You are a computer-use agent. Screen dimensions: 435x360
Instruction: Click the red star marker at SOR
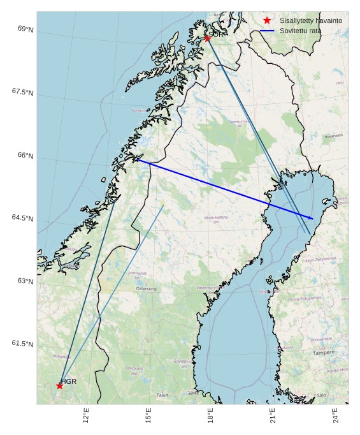pos(207,38)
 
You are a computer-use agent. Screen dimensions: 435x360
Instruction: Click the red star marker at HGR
pos(59,385)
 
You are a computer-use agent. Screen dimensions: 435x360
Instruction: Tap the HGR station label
pos(69,381)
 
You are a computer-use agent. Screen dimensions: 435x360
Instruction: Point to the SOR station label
pos(217,34)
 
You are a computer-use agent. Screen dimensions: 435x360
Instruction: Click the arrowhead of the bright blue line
pos(312,219)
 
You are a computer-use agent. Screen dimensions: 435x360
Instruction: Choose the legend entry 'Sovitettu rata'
pos(300,31)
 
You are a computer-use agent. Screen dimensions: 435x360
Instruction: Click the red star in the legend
pos(267,20)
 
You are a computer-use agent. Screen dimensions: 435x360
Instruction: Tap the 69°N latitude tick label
pos(25,29)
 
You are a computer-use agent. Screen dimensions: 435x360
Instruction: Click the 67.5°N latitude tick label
pos(22,92)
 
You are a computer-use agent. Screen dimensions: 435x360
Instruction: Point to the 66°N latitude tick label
pos(25,156)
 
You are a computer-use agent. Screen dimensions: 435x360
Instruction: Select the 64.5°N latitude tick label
pos(22,218)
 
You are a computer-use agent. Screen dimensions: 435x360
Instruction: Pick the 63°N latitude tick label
pos(25,281)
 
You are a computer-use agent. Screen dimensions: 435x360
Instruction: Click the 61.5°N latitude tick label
pos(22,344)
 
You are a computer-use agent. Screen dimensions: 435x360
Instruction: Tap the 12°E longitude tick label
pos(86,416)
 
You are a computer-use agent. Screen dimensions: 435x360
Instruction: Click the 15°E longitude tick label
pos(148,416)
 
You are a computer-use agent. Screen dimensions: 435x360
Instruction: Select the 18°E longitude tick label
pos(210,416)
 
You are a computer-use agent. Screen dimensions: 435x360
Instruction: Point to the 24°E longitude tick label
pos(335,416)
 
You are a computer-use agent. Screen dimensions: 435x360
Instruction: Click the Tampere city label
pos(323,352)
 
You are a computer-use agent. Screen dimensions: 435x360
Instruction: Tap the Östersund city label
pos(146,289)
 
